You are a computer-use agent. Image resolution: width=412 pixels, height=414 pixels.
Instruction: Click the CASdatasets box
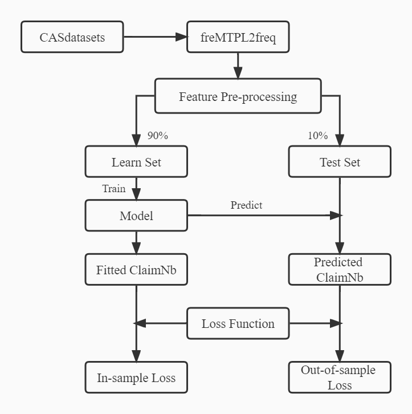(x=72, y=37)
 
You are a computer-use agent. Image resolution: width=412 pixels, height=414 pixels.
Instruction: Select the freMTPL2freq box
(x=238, y=37)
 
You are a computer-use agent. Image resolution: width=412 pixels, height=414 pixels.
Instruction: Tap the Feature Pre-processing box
(x=238, y=96)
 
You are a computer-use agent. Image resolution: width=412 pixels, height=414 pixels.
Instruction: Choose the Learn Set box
(x=136, y=162)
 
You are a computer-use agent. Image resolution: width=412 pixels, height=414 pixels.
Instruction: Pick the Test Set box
(x=340, y=162)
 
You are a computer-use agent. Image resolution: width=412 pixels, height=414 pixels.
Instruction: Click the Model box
(x=136, y=216)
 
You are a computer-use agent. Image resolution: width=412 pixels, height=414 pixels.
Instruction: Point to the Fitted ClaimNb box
(x=136, y=269)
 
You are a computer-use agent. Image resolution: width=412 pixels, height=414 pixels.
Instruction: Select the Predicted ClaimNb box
(x=340, y=269)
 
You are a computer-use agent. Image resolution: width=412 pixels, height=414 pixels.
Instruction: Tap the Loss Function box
(x=238, y=323)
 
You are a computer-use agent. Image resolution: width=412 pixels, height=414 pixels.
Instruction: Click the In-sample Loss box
(x=136, y=378)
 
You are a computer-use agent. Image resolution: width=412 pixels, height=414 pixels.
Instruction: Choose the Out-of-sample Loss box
(x=340, y=378)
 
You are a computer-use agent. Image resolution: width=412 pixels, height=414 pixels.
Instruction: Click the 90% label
(x=157, y=136)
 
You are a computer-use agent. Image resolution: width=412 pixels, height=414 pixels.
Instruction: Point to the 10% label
(x=317, y=136)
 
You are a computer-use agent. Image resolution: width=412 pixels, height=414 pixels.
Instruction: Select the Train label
(x=114, y=188)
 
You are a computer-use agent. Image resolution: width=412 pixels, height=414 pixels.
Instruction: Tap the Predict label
(x=246, y=205)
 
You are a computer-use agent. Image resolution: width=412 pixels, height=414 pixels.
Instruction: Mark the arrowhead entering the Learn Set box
(x=136, y=140)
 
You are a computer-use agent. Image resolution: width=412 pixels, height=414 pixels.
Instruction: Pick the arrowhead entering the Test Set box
(x=340, y=140)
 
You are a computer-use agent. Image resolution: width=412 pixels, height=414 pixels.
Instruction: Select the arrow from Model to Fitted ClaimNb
(x=136, y=242)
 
